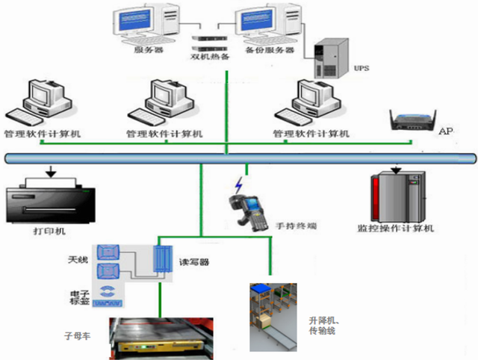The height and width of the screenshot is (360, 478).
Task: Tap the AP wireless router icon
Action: [x=411, y=120]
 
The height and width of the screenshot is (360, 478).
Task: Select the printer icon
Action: [x=51, y=198]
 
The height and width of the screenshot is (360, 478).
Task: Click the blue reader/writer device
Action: [x=161, y=263]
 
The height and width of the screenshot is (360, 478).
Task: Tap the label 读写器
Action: [x=193, y=262]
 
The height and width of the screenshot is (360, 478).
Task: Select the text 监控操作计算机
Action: [x=396, y=229]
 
